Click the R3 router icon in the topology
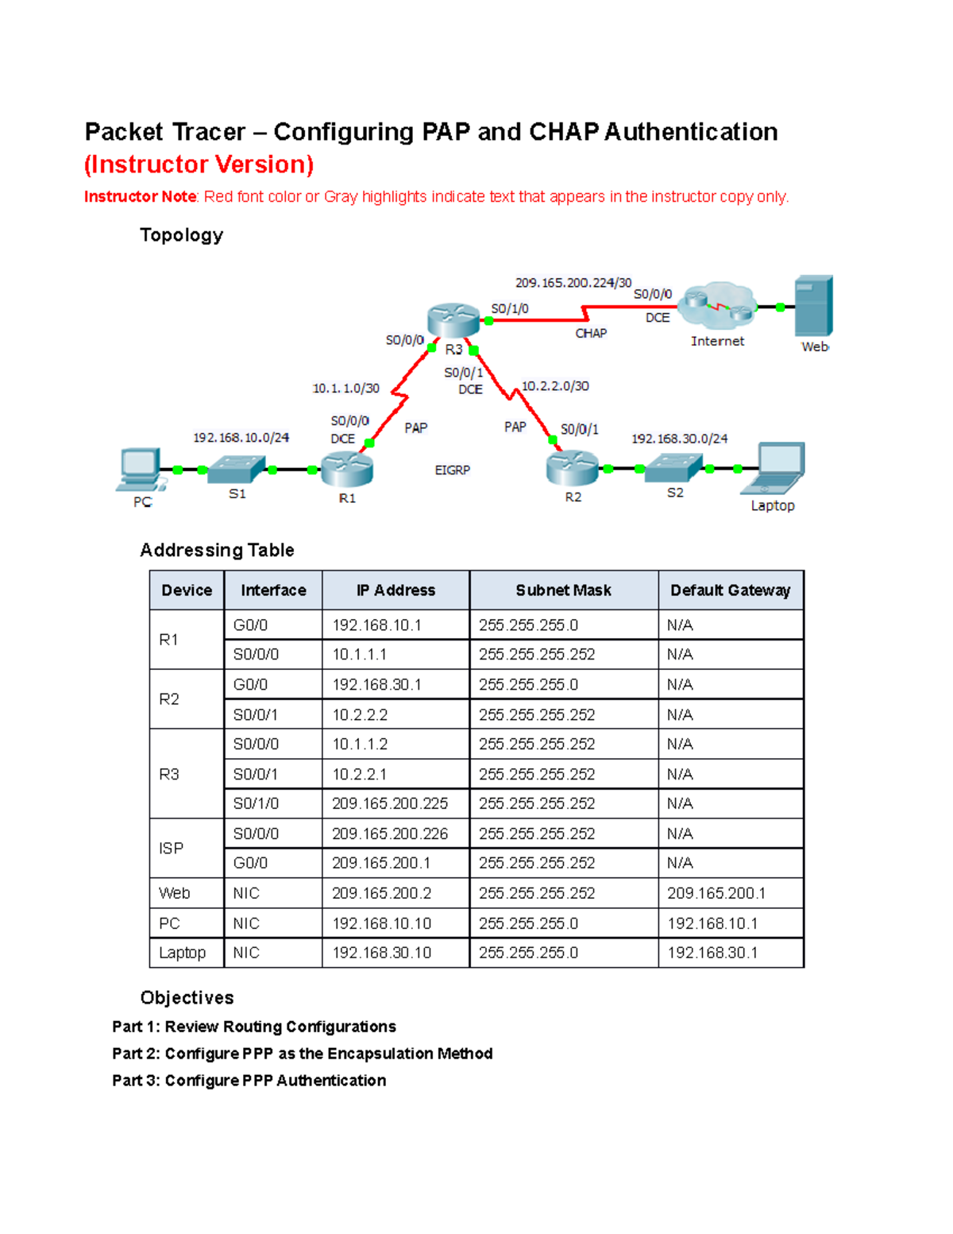tap(453, 319)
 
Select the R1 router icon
tap(347, 468)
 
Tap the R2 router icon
tap(572, 467)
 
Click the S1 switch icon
tap(236, 468)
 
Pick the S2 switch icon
tap(673, 467)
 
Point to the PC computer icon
tap(141, 470)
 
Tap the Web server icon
tap(813, 306)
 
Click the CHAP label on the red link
tap(591, 334)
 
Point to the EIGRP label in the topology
tap(452, 470)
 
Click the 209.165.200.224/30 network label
tap(573, 283)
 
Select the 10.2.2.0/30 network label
tap(555, 386)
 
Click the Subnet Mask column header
tap(563, 590)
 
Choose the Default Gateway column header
tap(730, 590)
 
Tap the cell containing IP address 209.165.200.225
tap(390, 803)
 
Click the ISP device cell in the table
tap(172, 849)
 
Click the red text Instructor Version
tap(199, 164)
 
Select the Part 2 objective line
tap(302, 1054)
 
